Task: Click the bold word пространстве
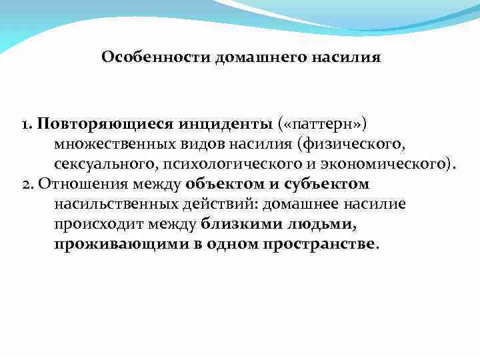pyautogui.click(x=323, y=244)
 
